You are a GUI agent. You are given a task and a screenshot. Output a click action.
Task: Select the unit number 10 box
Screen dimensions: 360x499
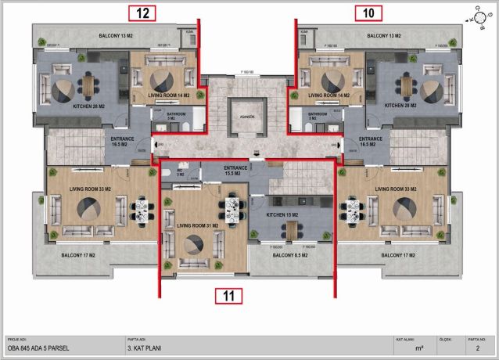368,13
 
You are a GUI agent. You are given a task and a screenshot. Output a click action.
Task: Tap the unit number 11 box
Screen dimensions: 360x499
228,296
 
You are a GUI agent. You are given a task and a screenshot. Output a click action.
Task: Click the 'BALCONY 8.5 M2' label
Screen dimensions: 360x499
289,255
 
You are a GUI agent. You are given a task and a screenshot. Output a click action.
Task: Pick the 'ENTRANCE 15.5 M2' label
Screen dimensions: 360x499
235,170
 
